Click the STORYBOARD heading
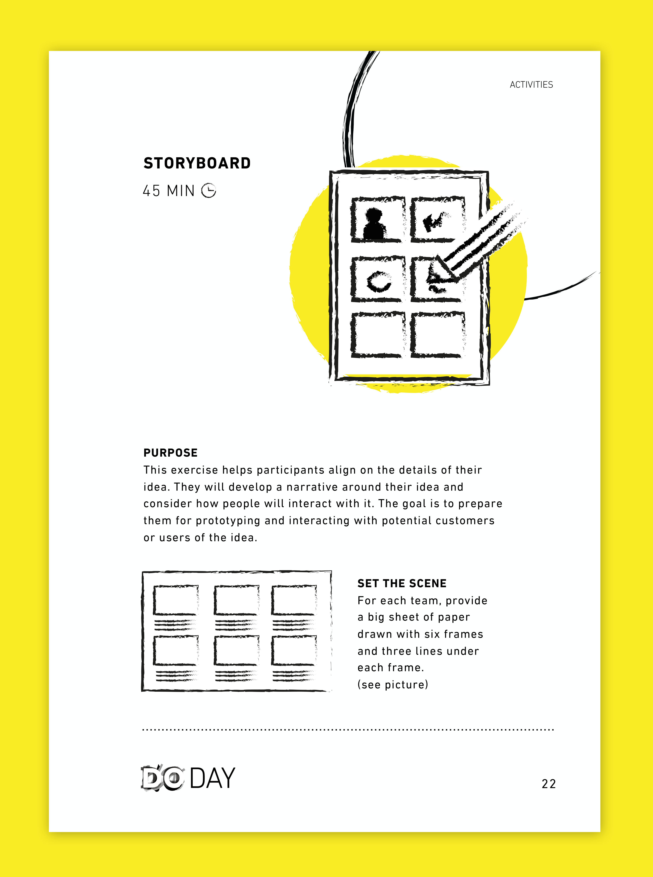pyautogui.click(x=197, y=163)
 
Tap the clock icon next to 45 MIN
pyautogui.click(x=209, y=191)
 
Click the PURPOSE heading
pyautogui.click(x=170, y=453)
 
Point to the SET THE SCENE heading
pyautogui.click(x=402, y=583)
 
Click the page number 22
pyautogui.click(x=549, y=784)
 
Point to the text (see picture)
pyautogui.click(x=393, y=685)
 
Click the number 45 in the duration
pyautogui.click(x=151, y=191)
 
